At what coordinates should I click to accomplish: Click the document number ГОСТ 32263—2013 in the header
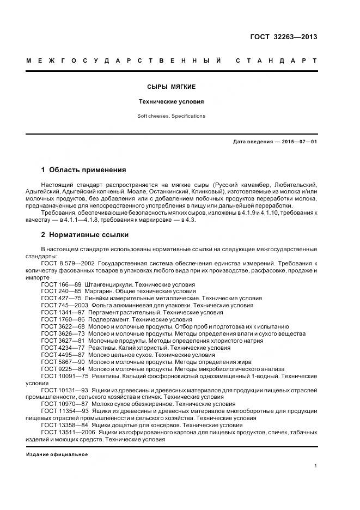(283, 37)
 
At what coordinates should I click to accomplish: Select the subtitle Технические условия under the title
(172, 102)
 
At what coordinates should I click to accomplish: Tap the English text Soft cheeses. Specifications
(172, 116)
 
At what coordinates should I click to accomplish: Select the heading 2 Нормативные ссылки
(85, 235)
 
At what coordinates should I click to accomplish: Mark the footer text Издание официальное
(57, 454)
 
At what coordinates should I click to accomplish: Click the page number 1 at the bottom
(316, 466)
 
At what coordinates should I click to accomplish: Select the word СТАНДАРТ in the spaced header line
(276, 60)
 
